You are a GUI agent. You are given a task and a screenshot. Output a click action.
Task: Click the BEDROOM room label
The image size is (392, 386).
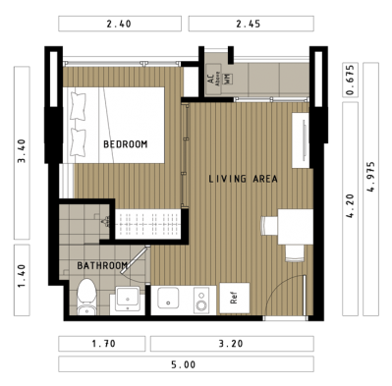(x=126, y=144)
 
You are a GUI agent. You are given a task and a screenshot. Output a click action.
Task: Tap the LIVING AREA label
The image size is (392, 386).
(x=243, y=179)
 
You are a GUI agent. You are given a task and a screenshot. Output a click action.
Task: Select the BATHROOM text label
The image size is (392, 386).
(x=102, y=265)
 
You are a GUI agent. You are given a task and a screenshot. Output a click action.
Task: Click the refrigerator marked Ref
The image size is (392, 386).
(x=235, y=298)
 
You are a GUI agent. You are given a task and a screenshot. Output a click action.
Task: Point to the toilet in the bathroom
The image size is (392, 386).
(x=86, y=297)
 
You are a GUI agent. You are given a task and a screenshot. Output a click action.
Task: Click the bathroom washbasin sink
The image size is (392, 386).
(x=128, y=299)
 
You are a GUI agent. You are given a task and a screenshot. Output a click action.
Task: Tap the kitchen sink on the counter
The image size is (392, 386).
(x=168, y=298)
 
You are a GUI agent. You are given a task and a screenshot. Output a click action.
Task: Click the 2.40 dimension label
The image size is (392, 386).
(x=119, y=24)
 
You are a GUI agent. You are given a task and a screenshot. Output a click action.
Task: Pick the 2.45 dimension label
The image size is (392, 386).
(x=249, y=24)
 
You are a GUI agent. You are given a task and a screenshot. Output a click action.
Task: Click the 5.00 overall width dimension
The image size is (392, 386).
(x=184, y=364)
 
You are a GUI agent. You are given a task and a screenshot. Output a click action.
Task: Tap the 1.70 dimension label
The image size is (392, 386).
(x=104, y=344)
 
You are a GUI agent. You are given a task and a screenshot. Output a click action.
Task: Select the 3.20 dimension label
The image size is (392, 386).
(x=231, y=344)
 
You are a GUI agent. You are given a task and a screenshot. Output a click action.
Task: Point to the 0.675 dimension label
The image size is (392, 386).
(x=350, y=80)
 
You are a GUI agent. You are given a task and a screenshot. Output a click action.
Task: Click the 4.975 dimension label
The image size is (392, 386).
(x=371, y=177)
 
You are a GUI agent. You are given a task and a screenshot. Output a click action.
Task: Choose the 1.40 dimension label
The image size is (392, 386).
(x=22, y=276)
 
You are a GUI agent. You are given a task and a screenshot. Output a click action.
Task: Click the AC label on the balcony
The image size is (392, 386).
(x=211, y=79)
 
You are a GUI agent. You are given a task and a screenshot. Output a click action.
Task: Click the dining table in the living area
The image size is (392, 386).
(x=296, y=227)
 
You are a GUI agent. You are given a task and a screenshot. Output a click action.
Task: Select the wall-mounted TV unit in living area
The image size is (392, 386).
(x=301, y=140)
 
